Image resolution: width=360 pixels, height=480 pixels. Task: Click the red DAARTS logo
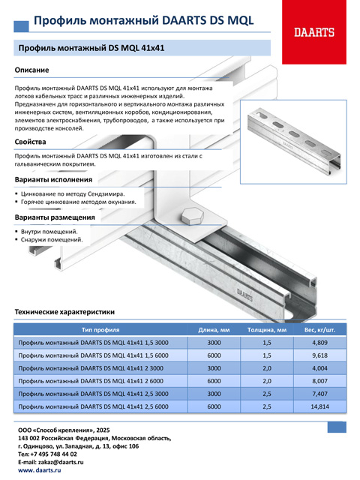(314, 32)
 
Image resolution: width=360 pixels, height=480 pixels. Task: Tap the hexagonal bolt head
(192, 216)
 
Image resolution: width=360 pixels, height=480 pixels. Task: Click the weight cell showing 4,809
(319, 343)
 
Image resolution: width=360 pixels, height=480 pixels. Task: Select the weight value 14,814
(319, 406)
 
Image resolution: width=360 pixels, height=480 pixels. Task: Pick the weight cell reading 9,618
(319, 355)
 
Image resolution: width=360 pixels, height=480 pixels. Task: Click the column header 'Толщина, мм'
(267, 330)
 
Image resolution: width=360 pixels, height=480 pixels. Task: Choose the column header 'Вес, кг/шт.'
(319, 330)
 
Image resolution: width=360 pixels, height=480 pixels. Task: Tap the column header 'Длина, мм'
(214, 330)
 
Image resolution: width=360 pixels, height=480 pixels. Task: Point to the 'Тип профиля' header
(100, 330)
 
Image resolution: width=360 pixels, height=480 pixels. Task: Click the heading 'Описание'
(31, 70)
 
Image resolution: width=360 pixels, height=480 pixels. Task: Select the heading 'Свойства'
(30, 142)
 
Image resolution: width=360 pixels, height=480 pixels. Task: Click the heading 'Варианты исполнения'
(53, 180)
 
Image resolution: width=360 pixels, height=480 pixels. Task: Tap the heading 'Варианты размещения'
(55, 217)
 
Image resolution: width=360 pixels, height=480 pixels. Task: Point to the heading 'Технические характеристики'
(64, 312)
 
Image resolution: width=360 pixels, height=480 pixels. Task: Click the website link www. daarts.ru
(40, 470)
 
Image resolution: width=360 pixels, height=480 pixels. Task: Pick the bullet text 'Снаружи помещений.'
(52, 239)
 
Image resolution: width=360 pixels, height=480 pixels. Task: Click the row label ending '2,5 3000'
(93, 394)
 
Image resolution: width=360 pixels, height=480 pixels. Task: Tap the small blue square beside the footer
(337, 427)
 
